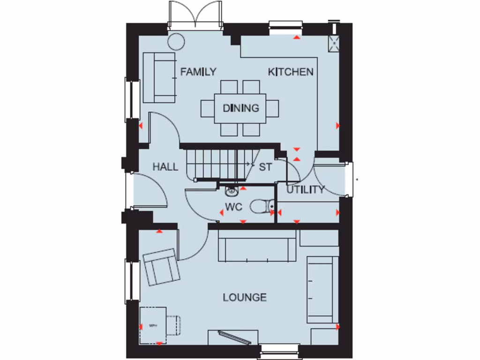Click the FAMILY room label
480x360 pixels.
point(198,72)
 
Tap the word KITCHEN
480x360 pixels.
point(290,72)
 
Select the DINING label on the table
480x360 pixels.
point(240,108)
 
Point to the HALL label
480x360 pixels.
point(165,166)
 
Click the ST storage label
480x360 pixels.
point(265,167)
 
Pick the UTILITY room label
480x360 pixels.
point(306,190)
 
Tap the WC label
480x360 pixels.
point(233,207)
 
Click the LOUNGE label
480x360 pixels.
point(245,297)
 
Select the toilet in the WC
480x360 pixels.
point(262,206)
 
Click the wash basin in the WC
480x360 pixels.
point(231,191)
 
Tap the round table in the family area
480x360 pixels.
point(176,41)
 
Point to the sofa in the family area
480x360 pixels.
point(158,77)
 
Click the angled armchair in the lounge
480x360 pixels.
point(161,267)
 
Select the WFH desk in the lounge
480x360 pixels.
point(153,324)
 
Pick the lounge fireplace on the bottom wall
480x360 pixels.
point(232,337)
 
